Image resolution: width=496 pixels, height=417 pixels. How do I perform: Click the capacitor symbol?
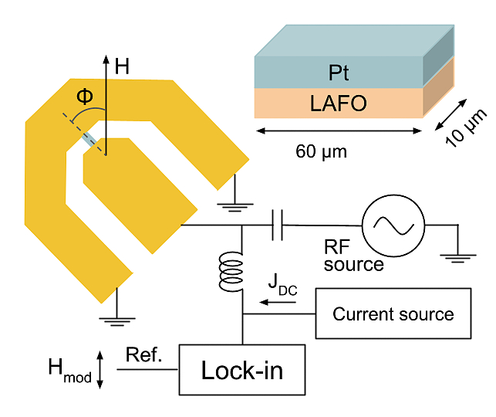coord(278,225)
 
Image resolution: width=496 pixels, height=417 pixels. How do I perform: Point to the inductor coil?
coord(231,271)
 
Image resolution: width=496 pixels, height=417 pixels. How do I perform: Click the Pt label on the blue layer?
coord(339,73)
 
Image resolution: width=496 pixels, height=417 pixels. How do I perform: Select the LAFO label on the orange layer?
coord(338,103)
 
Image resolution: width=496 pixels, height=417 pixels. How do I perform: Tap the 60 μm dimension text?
coord(321,151)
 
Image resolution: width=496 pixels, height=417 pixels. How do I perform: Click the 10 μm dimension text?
coord(465,128)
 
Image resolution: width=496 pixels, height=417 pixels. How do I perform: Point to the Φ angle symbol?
coord(85,96)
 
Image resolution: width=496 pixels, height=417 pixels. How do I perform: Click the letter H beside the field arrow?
coord(122,66)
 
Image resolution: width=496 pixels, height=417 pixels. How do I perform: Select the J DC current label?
coord(282,285)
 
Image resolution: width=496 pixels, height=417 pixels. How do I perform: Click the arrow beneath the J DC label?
coord(278,302)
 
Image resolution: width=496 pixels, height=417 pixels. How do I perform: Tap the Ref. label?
coord(144,354)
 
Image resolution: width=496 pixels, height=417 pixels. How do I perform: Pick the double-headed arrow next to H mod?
coord(100,369)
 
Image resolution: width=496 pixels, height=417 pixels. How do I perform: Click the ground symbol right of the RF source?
coord(457,259)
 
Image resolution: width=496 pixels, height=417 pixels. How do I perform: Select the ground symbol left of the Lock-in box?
coord(117,322)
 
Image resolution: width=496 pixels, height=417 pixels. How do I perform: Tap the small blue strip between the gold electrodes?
coord(88,141)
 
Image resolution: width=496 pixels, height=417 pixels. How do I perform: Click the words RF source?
coord(353,256)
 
